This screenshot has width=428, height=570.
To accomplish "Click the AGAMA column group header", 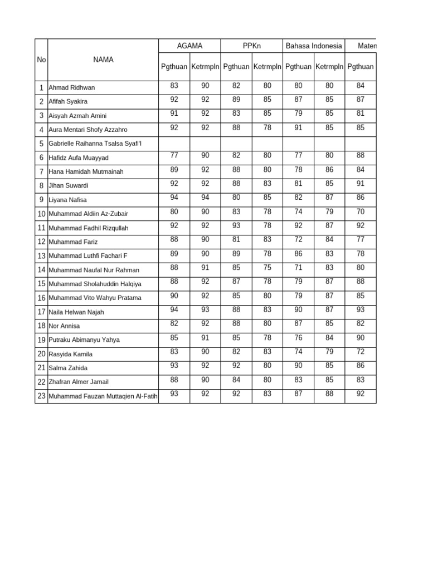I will point(189,46).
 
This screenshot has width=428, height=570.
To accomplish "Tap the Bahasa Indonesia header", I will point(314,46).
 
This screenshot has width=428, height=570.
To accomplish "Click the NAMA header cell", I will point(103,60).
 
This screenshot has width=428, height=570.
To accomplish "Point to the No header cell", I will point(41,60).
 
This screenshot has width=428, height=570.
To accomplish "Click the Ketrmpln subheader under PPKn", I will point(267,67).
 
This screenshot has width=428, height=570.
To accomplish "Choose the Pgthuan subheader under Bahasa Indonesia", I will point(298,67).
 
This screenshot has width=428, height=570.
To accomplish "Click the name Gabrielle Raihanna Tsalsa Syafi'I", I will point(95,144).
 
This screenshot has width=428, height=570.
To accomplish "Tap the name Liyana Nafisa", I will point(67,200).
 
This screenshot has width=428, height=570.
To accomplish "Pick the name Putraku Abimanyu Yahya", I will point(84,340).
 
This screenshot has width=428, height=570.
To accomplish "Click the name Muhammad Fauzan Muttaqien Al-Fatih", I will point(103,396).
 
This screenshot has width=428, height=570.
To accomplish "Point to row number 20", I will point(41,354).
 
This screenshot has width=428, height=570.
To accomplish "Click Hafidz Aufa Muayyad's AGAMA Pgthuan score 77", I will point(174,155).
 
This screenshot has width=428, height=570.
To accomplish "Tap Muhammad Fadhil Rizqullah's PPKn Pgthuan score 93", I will point(236,225).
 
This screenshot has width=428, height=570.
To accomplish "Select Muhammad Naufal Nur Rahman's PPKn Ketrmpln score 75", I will point(267,267).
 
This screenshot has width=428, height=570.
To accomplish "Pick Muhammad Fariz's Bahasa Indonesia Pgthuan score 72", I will point(298,239).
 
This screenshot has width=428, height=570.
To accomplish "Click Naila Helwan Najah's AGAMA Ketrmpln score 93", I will point(205,309).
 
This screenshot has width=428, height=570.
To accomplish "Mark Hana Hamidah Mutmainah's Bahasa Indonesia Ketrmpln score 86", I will point(329,169).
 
